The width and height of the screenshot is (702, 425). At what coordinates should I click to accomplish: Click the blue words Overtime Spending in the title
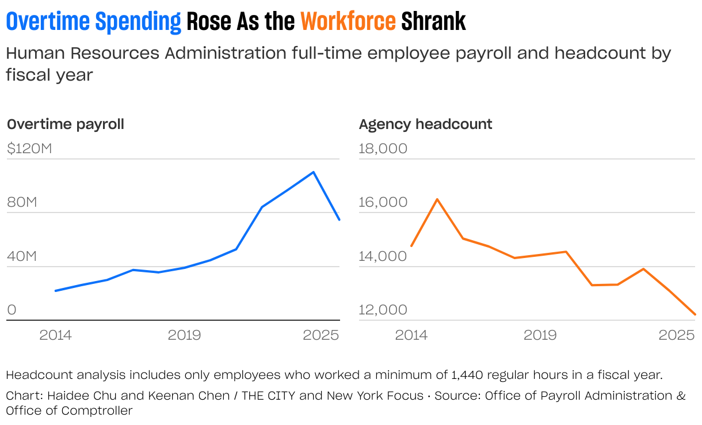(93, 22)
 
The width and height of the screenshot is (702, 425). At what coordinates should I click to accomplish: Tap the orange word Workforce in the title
(348, 22)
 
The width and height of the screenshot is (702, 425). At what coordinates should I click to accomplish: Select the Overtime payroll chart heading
(65, 124)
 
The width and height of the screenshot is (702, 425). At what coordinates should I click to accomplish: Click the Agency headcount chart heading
(425, 124)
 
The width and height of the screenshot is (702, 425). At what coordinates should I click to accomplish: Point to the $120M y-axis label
(29, 149)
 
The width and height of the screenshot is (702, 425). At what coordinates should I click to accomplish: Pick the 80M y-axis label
(22, 203)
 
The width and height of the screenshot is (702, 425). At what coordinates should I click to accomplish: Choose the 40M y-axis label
(22, 256)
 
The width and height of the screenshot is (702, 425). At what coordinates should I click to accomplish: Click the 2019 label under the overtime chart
(184, 335)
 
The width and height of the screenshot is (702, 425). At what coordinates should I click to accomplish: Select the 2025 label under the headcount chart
(677, 335)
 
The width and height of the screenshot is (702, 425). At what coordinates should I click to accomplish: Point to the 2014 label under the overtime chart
(55, 335)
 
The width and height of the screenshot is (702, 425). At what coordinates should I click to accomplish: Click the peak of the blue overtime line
(313, 172)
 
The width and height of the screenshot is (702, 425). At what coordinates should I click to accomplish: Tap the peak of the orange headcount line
(437, 199)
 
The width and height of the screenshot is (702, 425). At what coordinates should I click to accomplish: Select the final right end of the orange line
(695, 314)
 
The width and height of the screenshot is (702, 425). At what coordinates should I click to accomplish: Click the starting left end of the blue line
(55, 291)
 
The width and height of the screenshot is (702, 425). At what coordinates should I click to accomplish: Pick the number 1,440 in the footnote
(469, 375)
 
